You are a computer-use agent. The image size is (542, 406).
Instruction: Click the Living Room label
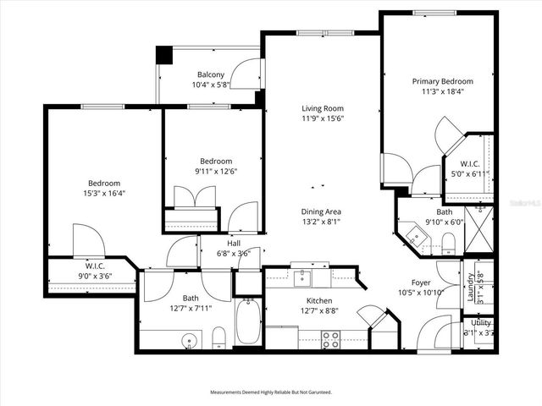pyautogui.click(x=323, y=107)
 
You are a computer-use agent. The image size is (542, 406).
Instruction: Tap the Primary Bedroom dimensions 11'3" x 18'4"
pyautogui.click(x=442, y=92)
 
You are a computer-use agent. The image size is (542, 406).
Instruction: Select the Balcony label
pyautogui.click(x=211, y=74)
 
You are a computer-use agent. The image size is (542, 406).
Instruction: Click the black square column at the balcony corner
pyautogui.click(x=163, y=54)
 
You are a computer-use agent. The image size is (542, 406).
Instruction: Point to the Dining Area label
pyautogui.click(x=321, y=211)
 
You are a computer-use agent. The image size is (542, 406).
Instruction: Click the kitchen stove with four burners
pyautogui.click(x=330, y=338)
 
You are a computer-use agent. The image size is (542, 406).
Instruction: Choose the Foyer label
pyautogui.click(x=421, y=283)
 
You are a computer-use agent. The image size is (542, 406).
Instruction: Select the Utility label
pyautogui.click(x=481, y=322)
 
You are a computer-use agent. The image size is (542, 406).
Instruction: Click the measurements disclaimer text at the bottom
pyautogui.click(x=271, y=392)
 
